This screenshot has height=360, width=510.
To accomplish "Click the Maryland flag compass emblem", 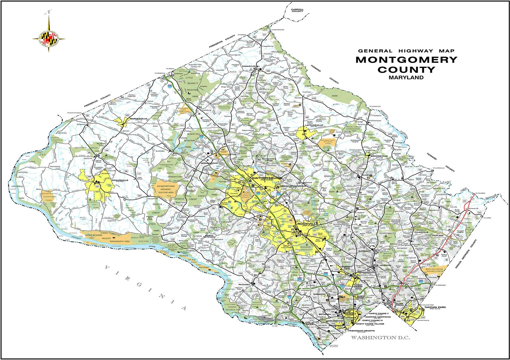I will coord(49,39).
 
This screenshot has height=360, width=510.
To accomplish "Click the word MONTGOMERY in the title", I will coord(406,60).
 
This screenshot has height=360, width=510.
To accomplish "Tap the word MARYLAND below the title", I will coord(406,77).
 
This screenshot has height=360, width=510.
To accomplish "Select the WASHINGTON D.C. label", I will coord(380,338).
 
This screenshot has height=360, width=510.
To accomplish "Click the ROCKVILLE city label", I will coord(307,224).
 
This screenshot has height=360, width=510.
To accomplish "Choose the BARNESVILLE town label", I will coord(138,119).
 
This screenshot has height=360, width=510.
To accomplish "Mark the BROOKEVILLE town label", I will coord(379,156).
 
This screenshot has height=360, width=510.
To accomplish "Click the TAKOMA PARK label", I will coord(435,307).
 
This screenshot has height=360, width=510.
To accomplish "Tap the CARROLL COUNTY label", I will coord(297,10).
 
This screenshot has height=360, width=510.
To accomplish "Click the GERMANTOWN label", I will coord(209,163).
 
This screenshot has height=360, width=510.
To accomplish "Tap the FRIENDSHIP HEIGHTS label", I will coord(361,330).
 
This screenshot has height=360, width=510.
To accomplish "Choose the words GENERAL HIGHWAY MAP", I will coord(406,51).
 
